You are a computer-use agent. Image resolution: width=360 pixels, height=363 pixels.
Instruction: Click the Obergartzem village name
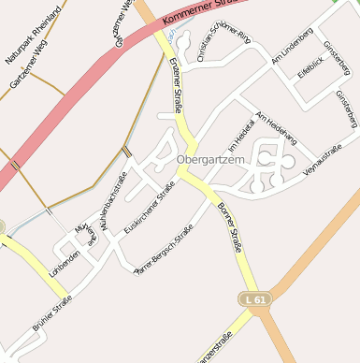[x=210, y=160]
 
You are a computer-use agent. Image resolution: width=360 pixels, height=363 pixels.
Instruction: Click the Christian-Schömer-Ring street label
[x=224, y=47]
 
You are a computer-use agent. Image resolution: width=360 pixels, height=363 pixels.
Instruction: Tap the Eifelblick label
[x=310, y=66]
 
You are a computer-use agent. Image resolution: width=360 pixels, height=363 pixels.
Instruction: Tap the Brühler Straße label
[x=52, y=312]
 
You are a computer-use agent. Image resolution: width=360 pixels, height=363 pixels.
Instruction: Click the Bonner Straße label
[x=230, y=228]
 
